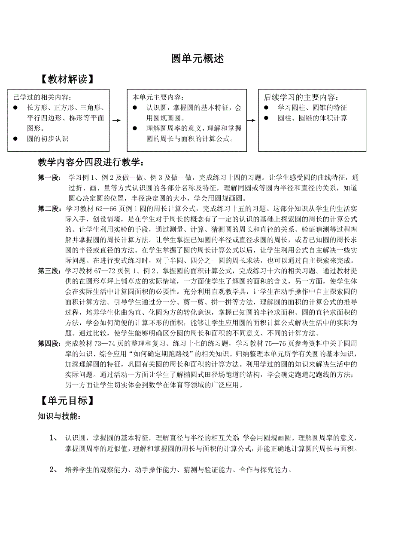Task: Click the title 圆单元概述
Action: (197, 59)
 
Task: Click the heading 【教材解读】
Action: (66, 80)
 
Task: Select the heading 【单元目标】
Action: (66, 400)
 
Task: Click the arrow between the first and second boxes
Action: (116, 121)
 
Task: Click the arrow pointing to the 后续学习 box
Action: (252, 121)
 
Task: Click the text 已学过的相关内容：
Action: (43, 97)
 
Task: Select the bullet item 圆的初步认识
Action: (48, 138)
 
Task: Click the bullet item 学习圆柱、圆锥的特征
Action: (312, 108)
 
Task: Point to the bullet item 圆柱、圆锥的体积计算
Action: (312, 118)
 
